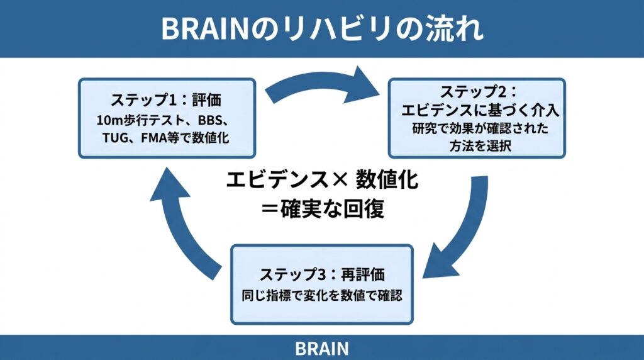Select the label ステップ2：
tap(475, 92)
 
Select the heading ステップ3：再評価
tap(321, 275)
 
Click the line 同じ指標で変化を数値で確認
tap(321, 294)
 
